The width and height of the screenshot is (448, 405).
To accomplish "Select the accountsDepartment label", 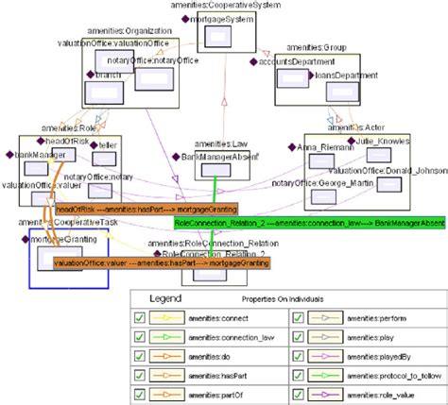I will click(x=291, y=62).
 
